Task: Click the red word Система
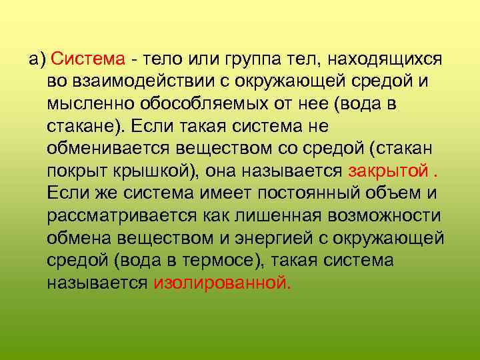click(88, 59)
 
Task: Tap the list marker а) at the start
click(36, 59)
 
